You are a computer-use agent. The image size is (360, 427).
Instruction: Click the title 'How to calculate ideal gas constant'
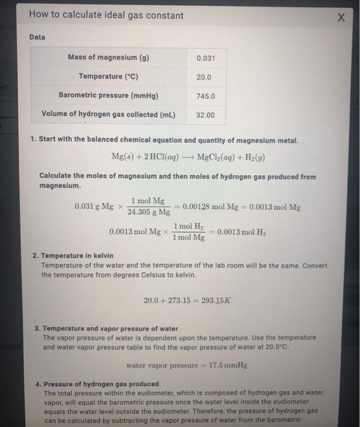tap(106, 15)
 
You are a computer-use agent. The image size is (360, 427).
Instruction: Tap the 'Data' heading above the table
tap(38, 37)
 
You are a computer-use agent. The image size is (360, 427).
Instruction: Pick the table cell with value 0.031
tap(205, 59)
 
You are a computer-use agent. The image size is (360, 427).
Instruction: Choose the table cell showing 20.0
tap(205, 77)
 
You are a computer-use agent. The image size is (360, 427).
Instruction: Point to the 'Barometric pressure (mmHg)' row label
tap(109, 96)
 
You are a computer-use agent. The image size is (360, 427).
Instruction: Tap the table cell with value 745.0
tap(205, 96)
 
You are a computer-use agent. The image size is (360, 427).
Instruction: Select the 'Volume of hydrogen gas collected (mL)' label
tap(109, 115)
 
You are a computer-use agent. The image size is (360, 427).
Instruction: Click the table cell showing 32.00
tap(205, 115)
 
